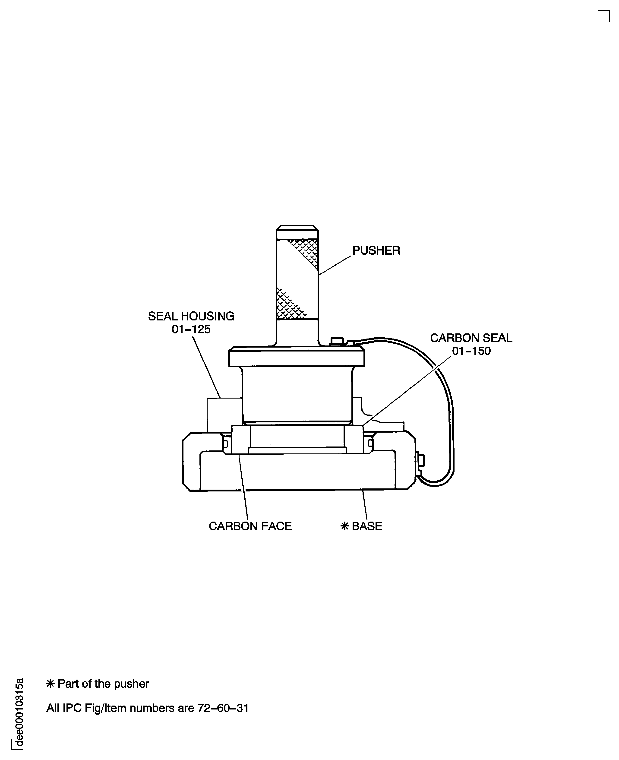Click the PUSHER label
click(376, 251)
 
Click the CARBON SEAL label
click(471, 338)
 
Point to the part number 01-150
click(471, 351)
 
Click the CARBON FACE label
click(250, 526)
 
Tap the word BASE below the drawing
click(367, 526)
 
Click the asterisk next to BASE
click(344, 526)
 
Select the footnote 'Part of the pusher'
click(103, 684)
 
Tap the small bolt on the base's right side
click(421, 460)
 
